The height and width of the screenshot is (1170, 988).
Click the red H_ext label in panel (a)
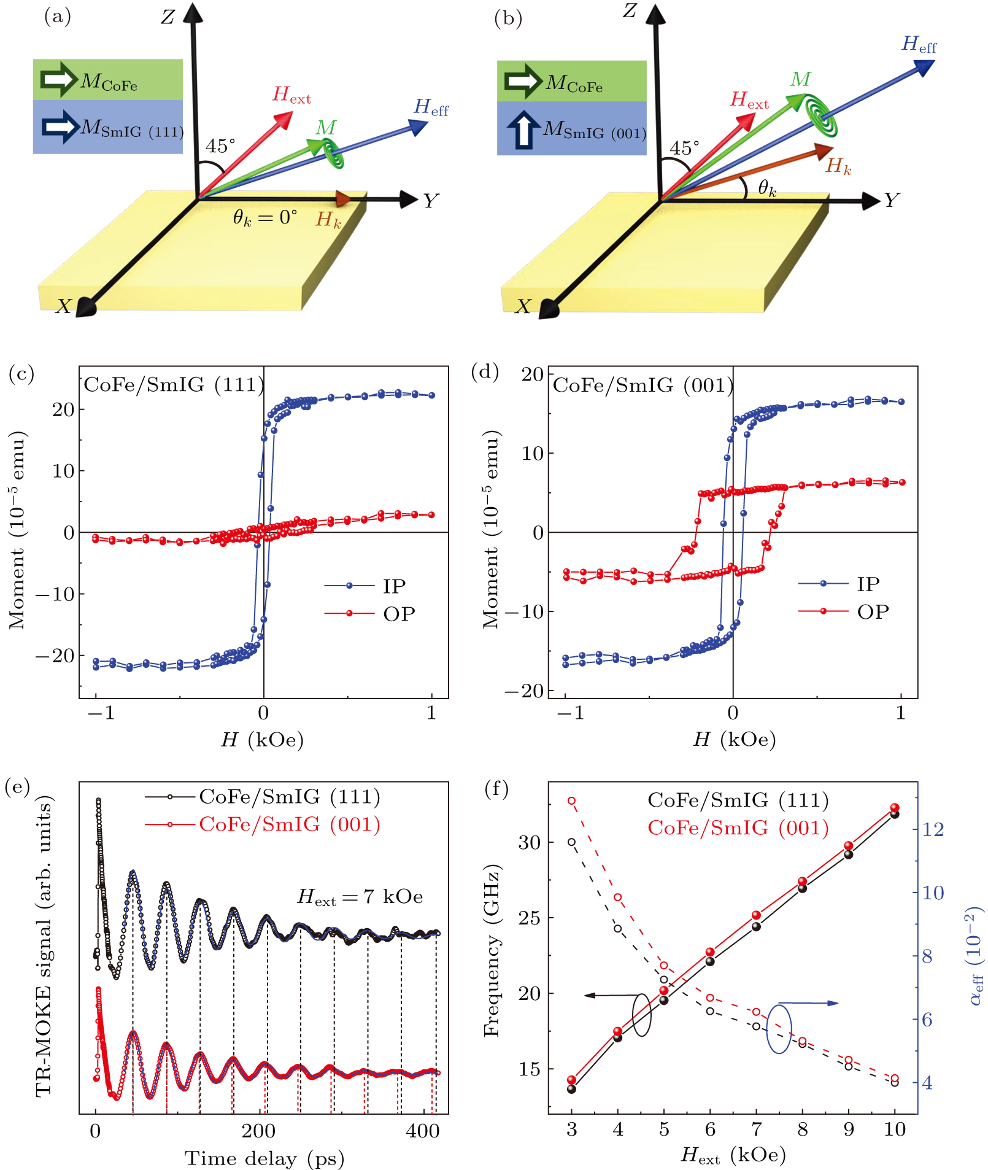tap(291, 95)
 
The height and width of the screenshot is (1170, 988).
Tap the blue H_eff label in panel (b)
tap(919, 45)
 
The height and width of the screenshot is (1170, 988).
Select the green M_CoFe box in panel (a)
tap(108, 80)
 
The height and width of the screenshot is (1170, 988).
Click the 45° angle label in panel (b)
tap(684, 149)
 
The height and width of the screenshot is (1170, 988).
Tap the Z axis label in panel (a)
tap(168, 17)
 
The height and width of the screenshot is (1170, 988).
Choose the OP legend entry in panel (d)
tap(844, 611)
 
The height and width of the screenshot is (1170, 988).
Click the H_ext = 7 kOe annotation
tap(360, 897)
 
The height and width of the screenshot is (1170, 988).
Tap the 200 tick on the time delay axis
tap(258, 1131)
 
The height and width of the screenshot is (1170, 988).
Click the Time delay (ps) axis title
tap(264, 1158)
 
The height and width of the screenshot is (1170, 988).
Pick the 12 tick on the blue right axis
tap(933, 830)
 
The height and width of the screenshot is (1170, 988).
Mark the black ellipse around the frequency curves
tap(641, 1015)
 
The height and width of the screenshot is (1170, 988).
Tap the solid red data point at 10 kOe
tap(895, 808)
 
